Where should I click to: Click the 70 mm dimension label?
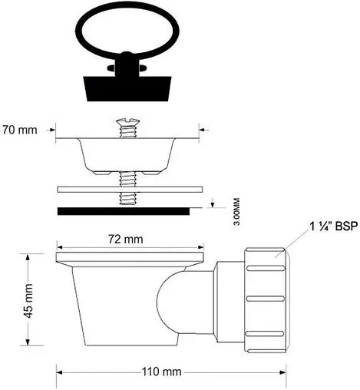pos(20,130)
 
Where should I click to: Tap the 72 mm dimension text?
pos(126,240)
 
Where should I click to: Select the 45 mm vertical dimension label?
pos(29,301)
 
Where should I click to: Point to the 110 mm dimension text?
pos(162,372)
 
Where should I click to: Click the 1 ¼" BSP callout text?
pos(333,226)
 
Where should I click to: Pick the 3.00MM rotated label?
pos(237,211)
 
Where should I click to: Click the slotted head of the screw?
pos(127,121)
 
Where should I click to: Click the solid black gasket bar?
pos(124,211)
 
